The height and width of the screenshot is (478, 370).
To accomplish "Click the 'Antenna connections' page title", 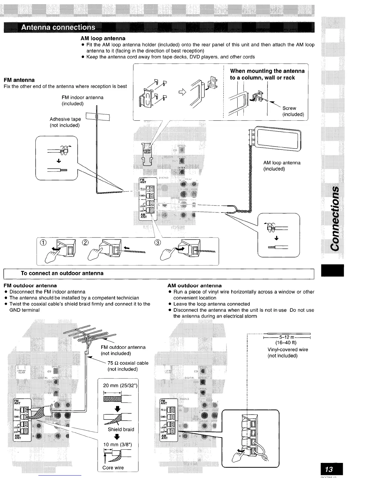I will [58, 27].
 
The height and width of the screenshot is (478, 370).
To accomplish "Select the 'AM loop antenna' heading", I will [103, 39].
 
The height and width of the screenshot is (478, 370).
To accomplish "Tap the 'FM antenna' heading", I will [19, 80].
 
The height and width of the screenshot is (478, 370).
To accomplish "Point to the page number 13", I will [329, 469].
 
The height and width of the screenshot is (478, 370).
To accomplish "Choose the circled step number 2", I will [85, 243].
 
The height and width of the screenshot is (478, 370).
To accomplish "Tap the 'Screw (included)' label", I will [293, 111].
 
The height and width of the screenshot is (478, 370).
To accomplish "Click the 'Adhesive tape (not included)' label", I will [65, 122].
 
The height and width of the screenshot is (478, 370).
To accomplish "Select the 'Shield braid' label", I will [121, 429].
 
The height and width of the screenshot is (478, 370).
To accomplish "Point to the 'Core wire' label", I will [113, 468].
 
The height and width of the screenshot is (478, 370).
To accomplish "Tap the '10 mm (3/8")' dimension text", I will [117, 444].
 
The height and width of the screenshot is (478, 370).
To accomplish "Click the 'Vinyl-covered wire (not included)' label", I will [287, 352].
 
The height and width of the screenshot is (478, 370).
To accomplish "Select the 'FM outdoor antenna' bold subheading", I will [30, 285].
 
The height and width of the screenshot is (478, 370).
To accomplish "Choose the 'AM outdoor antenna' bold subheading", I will [194, 285].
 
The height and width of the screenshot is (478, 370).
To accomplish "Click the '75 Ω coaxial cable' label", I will [128, 366].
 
